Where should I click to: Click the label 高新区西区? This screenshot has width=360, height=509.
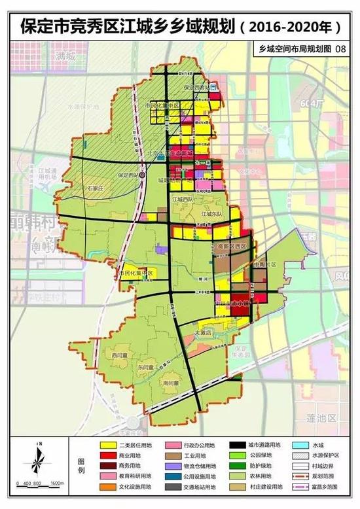pos(232,246)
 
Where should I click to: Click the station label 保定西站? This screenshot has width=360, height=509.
pos(130,175)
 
